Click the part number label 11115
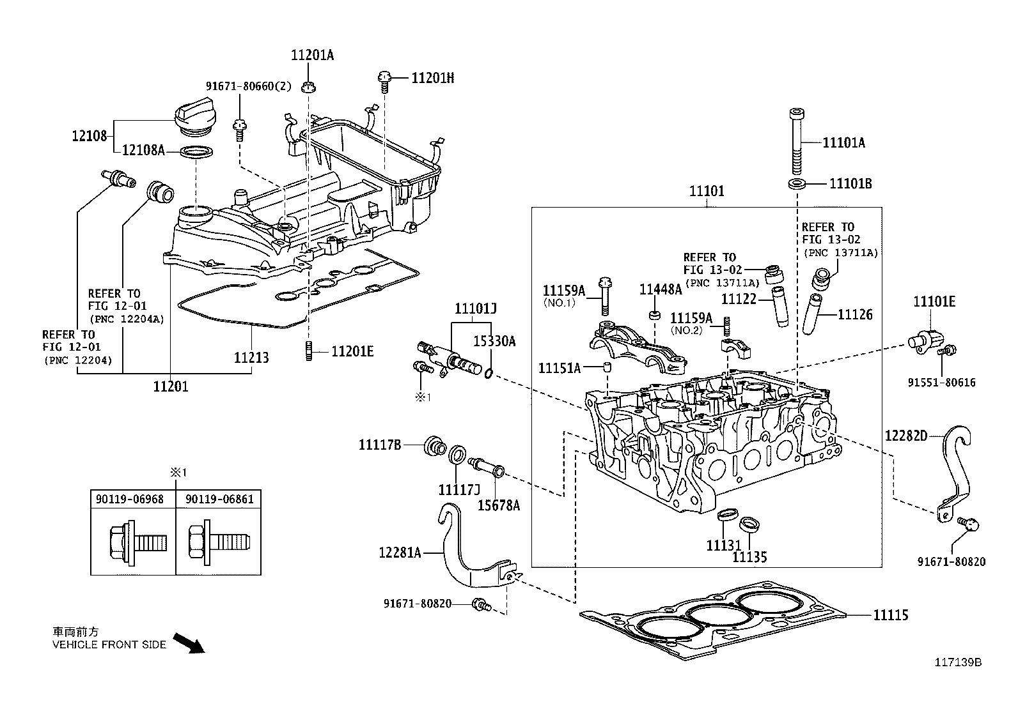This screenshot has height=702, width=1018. (x=891, y=616)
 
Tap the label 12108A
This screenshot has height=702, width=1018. (x=143, y=149)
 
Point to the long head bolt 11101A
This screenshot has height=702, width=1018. (x=797, y=141)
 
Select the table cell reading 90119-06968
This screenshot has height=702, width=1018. (x=132, y=499)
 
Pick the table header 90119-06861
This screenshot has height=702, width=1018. (x=219, y=499)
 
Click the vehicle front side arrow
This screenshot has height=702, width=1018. (x=190, y=643)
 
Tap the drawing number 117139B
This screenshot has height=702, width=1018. (x=957, y=662)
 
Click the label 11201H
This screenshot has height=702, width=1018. (x=432, y=78)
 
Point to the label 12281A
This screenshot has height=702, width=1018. (x=400, y=552)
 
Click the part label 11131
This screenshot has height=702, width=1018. (x=723, y=546)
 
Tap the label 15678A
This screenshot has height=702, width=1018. (x=499, y=505)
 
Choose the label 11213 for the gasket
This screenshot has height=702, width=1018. (x=251, y=358)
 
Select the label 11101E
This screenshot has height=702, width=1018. (x=934, y=301)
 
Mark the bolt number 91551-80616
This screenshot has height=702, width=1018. (x=942, y=383)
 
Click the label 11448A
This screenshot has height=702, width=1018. (x=661, y=289)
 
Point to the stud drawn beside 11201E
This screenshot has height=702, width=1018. (x=308, y=351)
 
